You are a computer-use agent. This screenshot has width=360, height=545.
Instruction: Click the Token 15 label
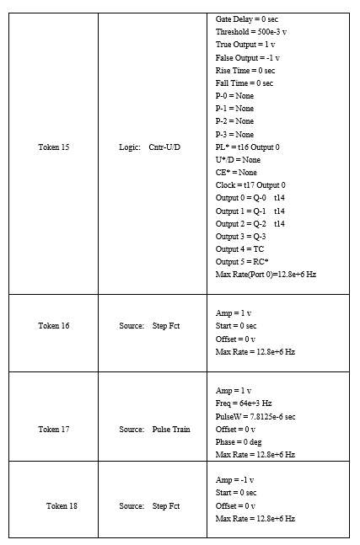pyautogui.click(x=54, y=147)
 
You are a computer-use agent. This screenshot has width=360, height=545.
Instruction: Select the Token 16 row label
pyautogui.click(x=54, y=325)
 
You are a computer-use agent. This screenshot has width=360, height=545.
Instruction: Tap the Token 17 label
pyautogui.click(x=54, y=429)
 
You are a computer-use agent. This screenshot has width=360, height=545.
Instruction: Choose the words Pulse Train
pyautogui.click(x=171, y=429)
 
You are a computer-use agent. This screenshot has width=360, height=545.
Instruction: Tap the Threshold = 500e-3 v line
pyautogui.click(x=250, y=31)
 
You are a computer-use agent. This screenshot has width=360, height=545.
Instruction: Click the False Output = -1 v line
pyautogui.click(x=248, y=57)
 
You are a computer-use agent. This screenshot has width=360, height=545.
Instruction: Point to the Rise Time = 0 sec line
pyautogui.click(x=245, y=71)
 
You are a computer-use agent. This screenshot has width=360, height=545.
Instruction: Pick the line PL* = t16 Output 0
pyautogui.click(x=248, y=147)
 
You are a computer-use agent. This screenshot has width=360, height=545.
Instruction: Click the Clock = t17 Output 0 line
pyautogui.click(x=250, y=184)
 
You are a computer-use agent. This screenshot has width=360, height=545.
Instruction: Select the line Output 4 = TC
pyautogui.click(x=239, y=248)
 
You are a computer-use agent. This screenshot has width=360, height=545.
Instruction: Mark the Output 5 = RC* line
pyautogui.click(x=242, y=261)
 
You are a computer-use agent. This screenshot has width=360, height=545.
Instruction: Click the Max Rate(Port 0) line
pyautogui.click(x=266, y=274)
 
